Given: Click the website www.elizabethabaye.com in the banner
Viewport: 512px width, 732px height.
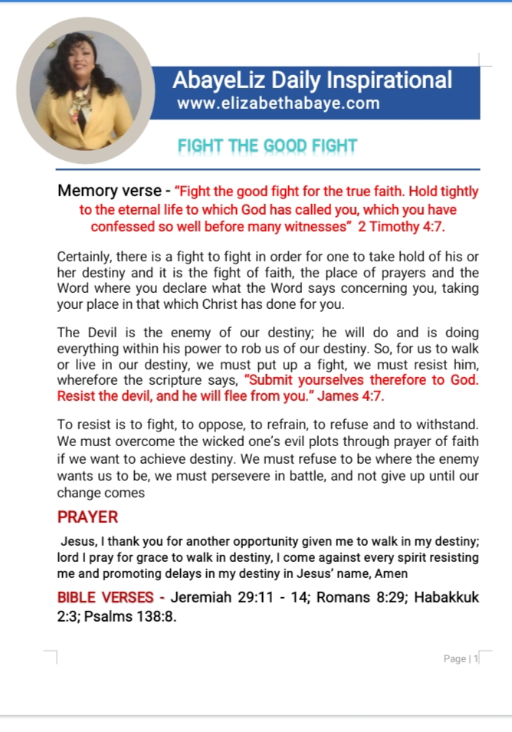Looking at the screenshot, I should click(x=277, y=103).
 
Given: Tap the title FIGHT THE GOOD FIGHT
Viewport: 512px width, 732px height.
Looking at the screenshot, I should click(x=267, y=146).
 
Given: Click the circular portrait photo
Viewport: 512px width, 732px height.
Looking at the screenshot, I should click(x=84, y=90).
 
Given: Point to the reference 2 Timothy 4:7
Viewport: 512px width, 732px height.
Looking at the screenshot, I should click(x=409, y=226).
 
